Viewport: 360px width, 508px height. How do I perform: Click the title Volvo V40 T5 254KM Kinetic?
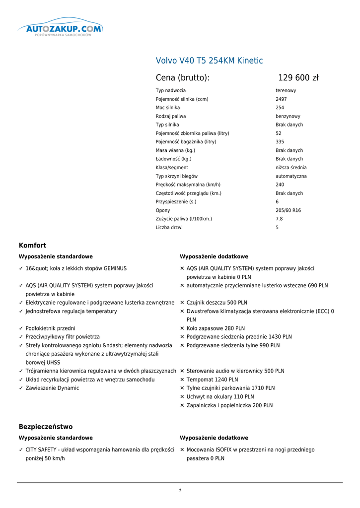(209, 61)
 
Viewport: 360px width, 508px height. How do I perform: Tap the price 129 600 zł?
(298, 78)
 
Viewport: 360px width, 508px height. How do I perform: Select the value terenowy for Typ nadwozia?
(286, 91)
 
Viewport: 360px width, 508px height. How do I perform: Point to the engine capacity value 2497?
(281, 99)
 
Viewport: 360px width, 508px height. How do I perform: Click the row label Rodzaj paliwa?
(171, 116)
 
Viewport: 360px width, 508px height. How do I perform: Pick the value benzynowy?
(288, 116)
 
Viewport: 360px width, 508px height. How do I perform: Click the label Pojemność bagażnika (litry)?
(186, 142)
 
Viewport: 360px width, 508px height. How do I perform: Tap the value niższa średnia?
(291, 168)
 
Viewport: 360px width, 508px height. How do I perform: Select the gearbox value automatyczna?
(291, 176)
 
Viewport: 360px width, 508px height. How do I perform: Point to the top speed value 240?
(280, 185)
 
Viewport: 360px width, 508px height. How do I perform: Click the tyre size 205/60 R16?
(288, 210)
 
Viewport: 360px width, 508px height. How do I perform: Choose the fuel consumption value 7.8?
(279, 219)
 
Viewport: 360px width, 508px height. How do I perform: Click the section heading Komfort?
(32, 246)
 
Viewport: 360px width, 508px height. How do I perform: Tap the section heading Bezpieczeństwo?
(46, 427)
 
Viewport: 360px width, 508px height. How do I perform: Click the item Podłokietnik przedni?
(50, 328)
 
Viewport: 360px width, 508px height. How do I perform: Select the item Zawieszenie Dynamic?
(52, 388)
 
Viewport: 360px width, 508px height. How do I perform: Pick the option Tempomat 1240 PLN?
(212, 380)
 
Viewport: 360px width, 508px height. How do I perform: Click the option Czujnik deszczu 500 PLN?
(217, 303)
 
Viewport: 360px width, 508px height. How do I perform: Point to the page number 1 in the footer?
(180, 491)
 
